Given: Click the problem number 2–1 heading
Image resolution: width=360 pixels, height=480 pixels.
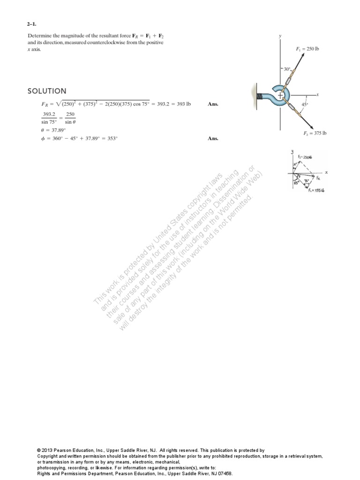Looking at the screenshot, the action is [x=31, y=24].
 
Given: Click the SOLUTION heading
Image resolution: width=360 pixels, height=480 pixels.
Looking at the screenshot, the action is [x=47, y=91].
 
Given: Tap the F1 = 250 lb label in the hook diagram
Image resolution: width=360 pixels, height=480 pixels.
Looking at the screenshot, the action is [x=307, y=49].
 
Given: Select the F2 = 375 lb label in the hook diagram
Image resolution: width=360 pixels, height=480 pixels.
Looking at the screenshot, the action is [x=315, y=133].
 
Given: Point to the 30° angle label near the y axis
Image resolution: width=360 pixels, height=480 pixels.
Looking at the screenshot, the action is [x=287, y=69].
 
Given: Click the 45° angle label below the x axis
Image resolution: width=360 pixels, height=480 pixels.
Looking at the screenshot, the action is [x=305, y=105].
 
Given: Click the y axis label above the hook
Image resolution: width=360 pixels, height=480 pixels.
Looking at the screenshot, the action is [x=280, y=35].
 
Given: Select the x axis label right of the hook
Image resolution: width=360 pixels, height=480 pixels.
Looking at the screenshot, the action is [x=318, y=95].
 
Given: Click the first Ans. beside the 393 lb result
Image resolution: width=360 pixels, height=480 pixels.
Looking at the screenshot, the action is [x=213, y=105].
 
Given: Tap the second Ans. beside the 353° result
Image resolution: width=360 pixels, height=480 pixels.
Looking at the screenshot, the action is [x=213, y=139].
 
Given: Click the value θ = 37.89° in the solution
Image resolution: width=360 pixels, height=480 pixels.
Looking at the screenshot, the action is [x=54, y=130].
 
